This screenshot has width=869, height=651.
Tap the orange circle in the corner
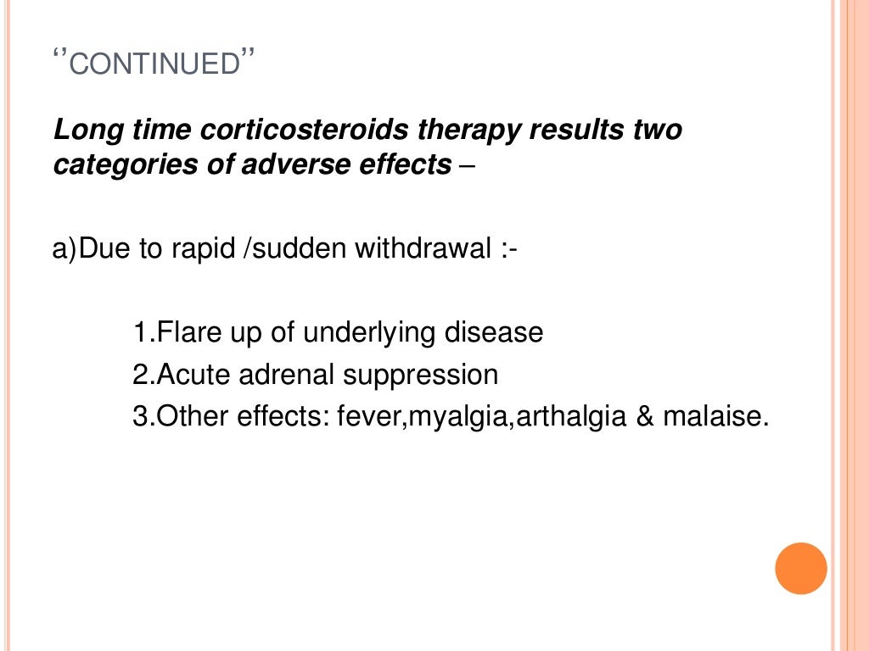800,568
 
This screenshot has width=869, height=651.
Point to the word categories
113,164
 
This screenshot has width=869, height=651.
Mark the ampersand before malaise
642,417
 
